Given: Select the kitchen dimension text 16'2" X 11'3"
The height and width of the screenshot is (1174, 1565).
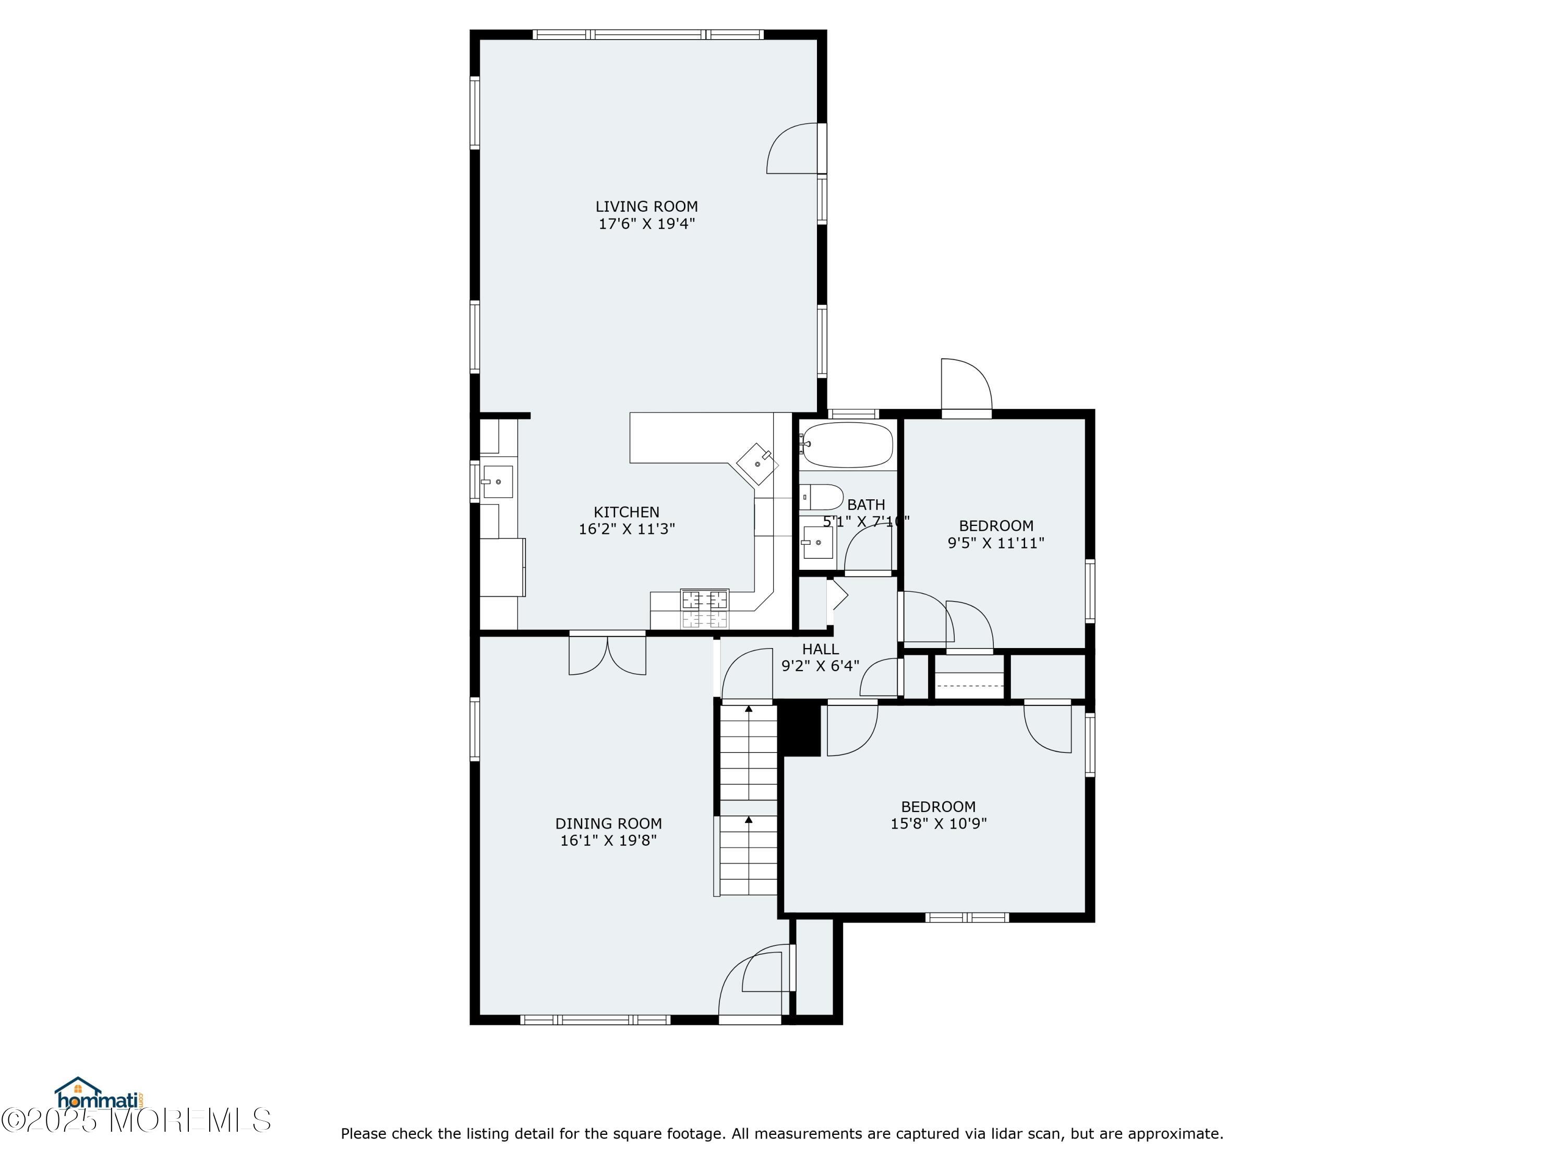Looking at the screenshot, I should (x=627, y=529).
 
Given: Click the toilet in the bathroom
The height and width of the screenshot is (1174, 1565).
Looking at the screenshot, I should (x=823, y=497).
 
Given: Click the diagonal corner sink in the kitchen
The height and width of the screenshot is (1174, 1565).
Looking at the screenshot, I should (x=757, y=464).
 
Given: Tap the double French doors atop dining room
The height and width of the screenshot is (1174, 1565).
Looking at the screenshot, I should (x=607, y=655).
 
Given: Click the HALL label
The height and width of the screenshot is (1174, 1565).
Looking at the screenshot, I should (x=820, y=649).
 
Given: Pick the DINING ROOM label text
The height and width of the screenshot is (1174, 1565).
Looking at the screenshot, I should (x=608, y=824).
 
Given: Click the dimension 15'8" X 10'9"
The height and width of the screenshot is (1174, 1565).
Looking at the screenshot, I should (x=938, y=824).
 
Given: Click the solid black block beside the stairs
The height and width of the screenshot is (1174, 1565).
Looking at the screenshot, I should (x=800, y=729).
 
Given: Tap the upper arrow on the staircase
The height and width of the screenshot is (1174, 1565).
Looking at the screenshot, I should (x=749, y=709).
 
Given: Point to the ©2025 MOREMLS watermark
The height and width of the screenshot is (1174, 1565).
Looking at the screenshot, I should (x=136, y=1120).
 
